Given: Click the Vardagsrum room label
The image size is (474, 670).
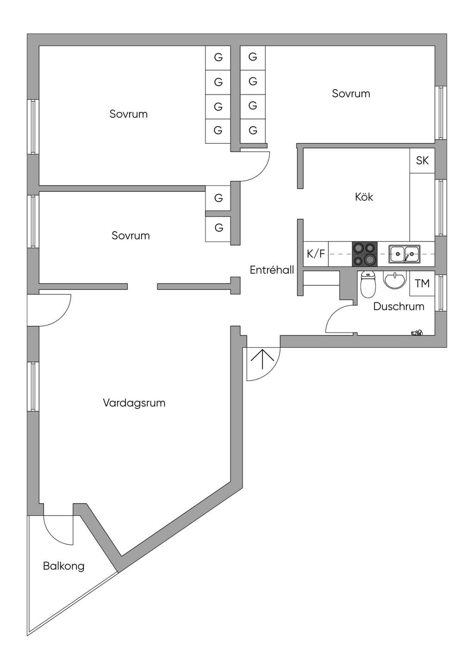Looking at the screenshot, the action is (x=134, y=403).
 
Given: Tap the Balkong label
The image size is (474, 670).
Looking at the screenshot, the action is (x=64, y=566).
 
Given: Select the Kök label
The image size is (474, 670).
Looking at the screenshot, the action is (x=364, y=197).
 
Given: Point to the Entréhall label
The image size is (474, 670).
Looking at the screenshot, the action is (x=272, y=270).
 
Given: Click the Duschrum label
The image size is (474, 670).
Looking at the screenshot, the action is (x=399, y=306).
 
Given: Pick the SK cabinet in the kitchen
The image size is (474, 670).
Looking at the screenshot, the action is (x=422, y=160).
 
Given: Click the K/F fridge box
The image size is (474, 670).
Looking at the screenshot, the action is (x=316, y=254).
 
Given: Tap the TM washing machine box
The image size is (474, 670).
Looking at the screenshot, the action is (x=422, y=283).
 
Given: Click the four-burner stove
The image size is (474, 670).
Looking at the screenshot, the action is (x=365, y=254).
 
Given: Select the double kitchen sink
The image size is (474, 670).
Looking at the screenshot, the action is (x=405, y=254).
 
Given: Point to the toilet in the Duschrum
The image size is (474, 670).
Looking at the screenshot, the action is (x=368, y=284).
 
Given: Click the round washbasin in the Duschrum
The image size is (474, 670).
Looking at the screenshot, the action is (x=395, y=281).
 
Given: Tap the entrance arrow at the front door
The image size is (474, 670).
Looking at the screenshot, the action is (x=262, y=359).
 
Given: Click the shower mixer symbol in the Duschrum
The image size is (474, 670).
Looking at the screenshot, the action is (x=417, y=332).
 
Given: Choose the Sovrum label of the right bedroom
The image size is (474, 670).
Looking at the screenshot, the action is (x=351, y=93).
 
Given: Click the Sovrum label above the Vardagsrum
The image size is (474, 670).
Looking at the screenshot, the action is (x=131, y=235).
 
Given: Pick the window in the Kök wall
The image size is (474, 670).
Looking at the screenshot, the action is (x=441, y=208).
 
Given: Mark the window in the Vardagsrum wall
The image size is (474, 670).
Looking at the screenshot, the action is (x=33, y=387).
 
